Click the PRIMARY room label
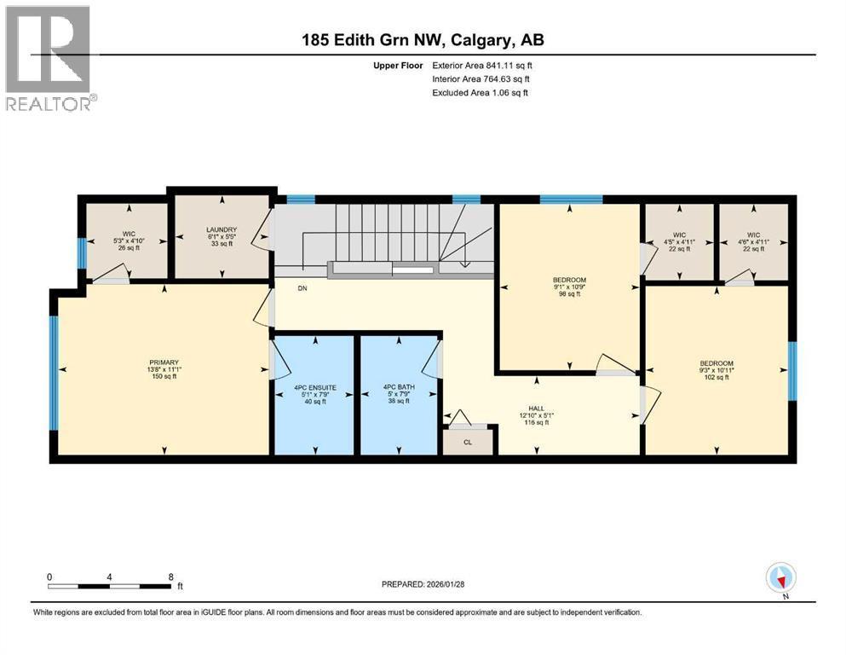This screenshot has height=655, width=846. coord(161,361)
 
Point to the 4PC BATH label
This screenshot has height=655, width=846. coord(396,387)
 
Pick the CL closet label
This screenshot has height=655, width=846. coord(468,443)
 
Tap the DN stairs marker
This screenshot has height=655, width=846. coord(302,288)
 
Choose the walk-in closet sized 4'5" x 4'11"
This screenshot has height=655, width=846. coord(679,241)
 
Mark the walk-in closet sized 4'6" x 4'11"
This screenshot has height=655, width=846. coord(752,241)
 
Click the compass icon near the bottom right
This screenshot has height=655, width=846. coord(780,579)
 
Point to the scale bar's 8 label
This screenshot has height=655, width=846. coord(170,577)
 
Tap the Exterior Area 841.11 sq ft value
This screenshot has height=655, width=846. coord(504,65)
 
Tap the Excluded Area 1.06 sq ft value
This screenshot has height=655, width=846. coord(501,92)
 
